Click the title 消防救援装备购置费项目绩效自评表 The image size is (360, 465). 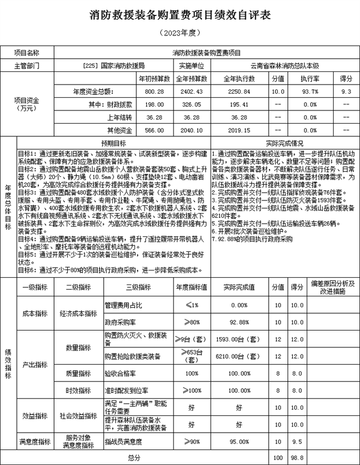(x=180, y=14)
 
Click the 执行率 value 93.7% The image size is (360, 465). (x=310, y=91)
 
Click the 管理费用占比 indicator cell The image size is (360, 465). (x=124, y=305)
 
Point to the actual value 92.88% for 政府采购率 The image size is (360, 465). (x=239, y=322)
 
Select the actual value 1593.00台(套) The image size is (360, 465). (x=239, y=339)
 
